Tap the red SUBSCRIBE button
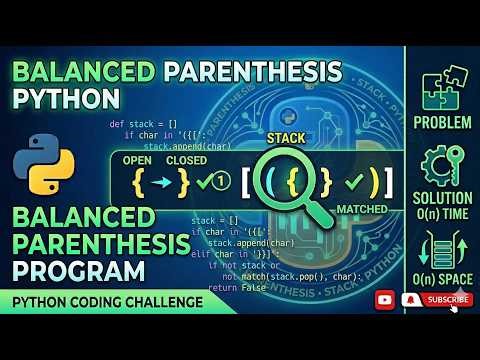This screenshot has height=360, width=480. pyautogui.click(x=446, y=298)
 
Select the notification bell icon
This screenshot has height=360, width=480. pyautogui.click(x=409, y=298)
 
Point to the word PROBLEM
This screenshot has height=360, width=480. pyautogui.click(x=442, y=122)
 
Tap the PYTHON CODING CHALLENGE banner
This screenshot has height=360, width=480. pyautogui.click(x=104, y=302)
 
